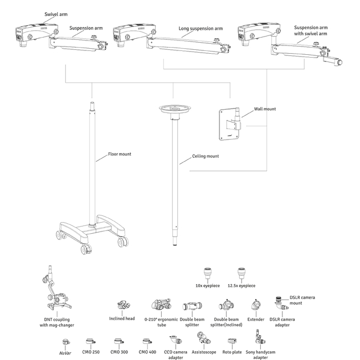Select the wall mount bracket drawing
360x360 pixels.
(x=232, y=119)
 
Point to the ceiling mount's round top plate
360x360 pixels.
(x=173, y=109)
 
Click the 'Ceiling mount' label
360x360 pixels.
(x=205, y=156)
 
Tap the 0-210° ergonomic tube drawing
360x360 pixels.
(x=162, y=305)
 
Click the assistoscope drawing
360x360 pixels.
(x=203, y=339)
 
